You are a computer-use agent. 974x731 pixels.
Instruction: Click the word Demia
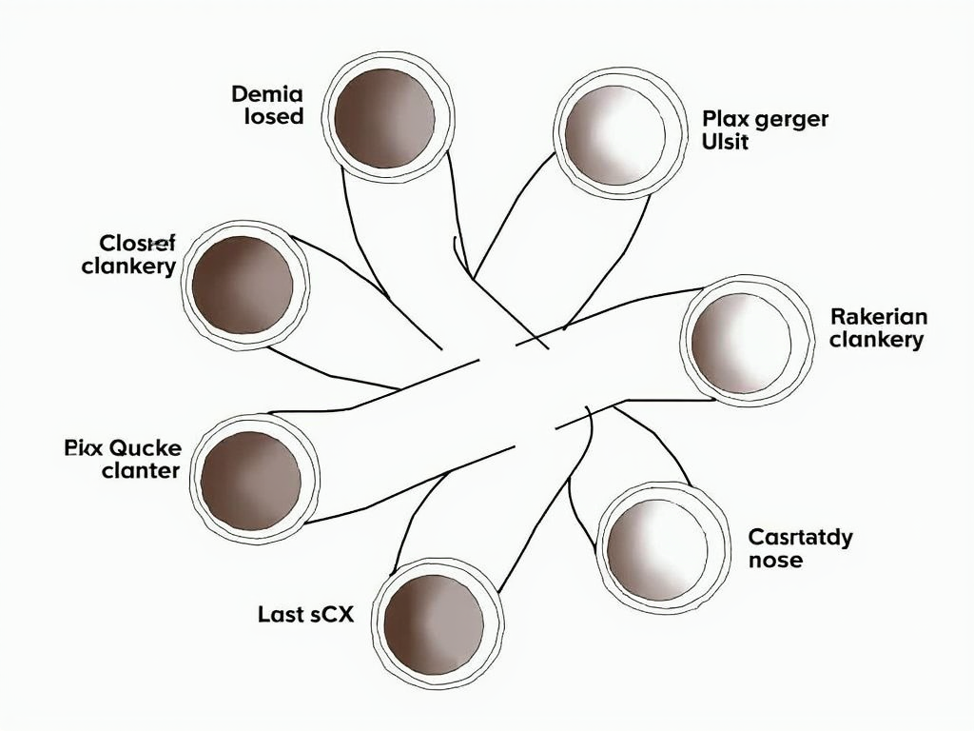(x=266, y=94)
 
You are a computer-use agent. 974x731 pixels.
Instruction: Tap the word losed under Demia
(x=274, y=118)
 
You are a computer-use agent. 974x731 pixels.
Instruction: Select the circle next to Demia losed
(x=385, y=118)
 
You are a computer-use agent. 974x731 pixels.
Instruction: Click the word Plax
(x=723, y=119)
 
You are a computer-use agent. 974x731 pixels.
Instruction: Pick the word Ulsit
(x=725, y=143)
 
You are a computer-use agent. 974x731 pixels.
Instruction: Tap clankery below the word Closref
(x=128, y=267)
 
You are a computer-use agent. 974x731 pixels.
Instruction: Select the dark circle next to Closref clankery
(x=243, y=285)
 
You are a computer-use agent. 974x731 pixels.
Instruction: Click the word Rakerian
(x=878, y=316)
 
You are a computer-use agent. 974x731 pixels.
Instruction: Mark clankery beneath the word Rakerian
(x=876, y=340)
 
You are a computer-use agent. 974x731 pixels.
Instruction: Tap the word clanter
(x=140, y=471)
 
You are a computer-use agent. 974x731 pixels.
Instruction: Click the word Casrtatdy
(x=800, y=537)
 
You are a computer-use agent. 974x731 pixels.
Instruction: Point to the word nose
(x=775, y=561)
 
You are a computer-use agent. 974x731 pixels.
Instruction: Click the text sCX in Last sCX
(x=330, y=615)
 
